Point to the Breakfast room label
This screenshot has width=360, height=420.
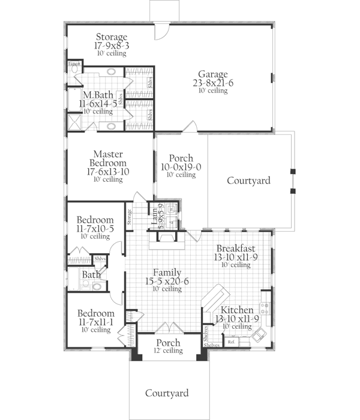(236, 248)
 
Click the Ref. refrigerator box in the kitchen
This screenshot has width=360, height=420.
(230, 343)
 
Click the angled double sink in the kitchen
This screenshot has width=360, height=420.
(260, 334)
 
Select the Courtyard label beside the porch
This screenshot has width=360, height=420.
(248, 180)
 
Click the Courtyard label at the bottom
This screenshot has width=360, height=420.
(167, 393)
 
